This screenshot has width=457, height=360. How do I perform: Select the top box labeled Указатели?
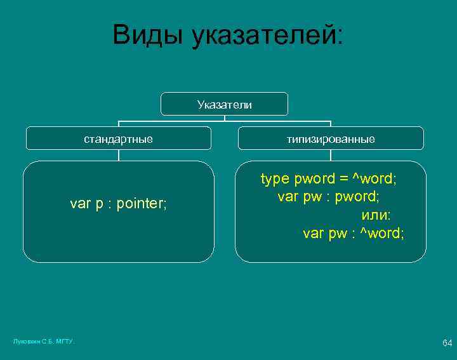click(224, 104)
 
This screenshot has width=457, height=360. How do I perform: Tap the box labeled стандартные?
click(118, 138)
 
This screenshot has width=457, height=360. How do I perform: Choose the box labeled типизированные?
click(330, 138)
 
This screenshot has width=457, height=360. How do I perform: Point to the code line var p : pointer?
click(118, 204)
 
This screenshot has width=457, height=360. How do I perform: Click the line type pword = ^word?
click(329, 178)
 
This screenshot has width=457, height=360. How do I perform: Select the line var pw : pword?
click(329, 196)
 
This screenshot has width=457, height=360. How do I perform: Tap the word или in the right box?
click(376, 215)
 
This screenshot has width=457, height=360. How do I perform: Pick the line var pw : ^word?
click(353, 233)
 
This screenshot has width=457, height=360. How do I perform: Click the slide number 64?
click(447, 343)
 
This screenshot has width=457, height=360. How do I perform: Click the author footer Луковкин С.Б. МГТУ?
click(44, 342)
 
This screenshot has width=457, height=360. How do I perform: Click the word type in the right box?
click(275, 178)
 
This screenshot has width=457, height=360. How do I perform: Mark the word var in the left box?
click(81, 204)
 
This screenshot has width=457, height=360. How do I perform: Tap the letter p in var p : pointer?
click(99, 204)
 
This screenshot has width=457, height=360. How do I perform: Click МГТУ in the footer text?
click(65, 342)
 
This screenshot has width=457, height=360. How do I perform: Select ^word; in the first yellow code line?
click(375, 178)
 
